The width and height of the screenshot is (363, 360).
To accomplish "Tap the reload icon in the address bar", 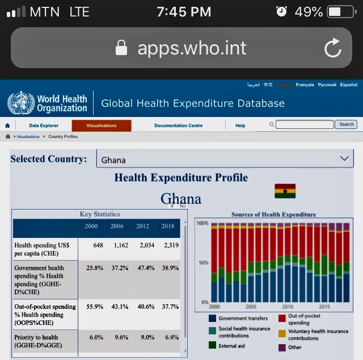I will click(x=333, y=48).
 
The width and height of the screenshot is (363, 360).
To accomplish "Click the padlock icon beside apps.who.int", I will click(x=121, y=48).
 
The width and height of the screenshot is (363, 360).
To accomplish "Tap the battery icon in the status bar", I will click(x=341, y=12).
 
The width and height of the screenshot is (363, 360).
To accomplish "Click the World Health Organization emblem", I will click(x=21, y=103).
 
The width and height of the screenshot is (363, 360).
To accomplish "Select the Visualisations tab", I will click(x=102, y=125).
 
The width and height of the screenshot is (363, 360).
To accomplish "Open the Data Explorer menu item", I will click(x=44, y=125).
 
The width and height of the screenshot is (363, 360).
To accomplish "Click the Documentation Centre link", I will click(x=178, y=125).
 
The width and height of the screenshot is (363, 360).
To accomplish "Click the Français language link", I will click(x=305, y=85).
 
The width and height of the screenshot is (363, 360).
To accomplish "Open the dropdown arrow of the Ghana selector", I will click(x=343, y=159).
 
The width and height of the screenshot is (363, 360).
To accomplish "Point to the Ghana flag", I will click(x=285, y=191).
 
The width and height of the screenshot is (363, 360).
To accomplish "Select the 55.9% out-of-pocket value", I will click(x=94, y=307).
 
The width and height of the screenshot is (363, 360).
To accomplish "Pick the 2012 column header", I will click(x=143, y=226).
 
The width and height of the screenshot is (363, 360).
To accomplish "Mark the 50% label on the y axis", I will click(x=202, y=263).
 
